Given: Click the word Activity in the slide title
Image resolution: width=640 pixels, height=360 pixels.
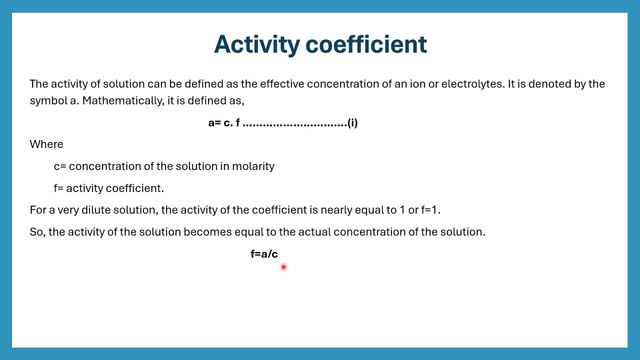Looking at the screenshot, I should pyautogui.click(x=258, y=45).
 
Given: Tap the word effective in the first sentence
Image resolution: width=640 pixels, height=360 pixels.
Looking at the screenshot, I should pyautogui.click(x=281, y=84).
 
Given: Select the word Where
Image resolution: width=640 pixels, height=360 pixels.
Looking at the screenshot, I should pyautogui.click(x=46, y=144).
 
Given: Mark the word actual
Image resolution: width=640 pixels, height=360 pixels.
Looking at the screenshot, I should pyautogui.click(x=340, y=232).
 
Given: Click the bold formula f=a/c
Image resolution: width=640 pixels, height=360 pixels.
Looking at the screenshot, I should pyautogui.click(x=264, y=255).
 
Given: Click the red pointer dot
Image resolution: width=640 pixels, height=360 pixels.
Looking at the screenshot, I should pyautogui.click(x=284, y=267).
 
